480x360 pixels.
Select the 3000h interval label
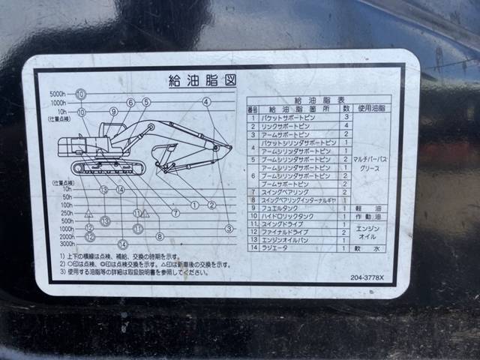(x=67, y=244)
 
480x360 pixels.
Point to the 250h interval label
(x=67, y=213)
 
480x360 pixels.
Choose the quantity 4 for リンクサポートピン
(x=346, y=125)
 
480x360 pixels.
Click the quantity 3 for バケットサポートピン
(x=346, y=117)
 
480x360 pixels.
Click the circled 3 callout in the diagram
(x=229, y=228)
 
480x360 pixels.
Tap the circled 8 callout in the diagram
(x=160, y=235)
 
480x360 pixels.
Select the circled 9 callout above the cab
(x=113, y=111)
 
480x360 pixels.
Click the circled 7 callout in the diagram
(x=175, y=213)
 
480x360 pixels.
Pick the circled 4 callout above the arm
(x=206, y=101)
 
